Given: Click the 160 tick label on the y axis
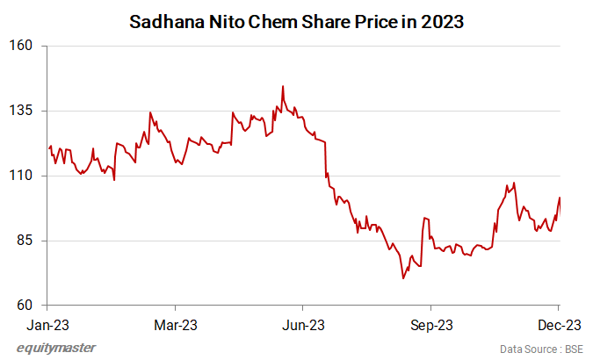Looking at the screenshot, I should click(21, 46).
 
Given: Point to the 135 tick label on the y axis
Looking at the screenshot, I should click(21, 111).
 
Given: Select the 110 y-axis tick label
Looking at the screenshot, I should click(21, 176).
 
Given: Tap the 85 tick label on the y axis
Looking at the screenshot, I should click(25, 241).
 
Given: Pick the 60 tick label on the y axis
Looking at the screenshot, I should click(25, 306).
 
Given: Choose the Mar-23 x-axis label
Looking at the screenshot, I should click(175, 325).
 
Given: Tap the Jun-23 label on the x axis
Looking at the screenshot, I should click(303, 325).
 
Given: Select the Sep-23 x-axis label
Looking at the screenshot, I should click(430, 325).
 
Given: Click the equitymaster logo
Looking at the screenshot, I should click(56, 348).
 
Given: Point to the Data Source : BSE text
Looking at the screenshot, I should click(540, 349).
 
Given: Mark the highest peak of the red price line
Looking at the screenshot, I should click(282, 86).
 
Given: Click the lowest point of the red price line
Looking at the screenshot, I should click(403, 278).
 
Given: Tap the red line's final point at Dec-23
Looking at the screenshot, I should click(560, 198).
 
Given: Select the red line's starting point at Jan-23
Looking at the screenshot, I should click(49, 148).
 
